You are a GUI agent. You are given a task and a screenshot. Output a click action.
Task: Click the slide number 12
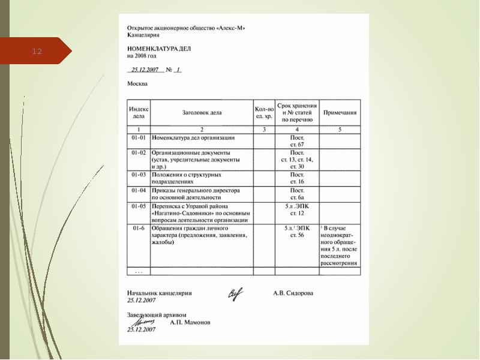point(37,52)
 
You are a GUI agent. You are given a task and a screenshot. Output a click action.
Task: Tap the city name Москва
point(137,84)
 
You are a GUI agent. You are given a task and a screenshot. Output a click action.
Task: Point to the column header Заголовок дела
point(202,112)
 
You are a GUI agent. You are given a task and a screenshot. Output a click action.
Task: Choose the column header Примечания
point(340,112)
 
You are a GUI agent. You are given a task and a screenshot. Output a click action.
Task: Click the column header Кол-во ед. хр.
point(264,112)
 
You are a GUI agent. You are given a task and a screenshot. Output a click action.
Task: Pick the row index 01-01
point(139,138)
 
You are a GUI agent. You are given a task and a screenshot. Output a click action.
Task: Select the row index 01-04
point(139,190)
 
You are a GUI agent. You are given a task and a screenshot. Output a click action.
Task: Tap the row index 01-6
point(139,229)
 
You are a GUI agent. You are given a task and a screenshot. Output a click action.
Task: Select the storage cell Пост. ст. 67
point(297,141)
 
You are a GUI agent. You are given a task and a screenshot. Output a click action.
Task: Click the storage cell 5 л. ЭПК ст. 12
point(297,209)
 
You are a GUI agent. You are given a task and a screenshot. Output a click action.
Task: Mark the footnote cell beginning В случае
point(340,246)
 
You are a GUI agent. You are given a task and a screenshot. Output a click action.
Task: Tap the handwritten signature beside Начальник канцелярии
point(236,293)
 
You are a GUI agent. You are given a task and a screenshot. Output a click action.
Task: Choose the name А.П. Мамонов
point(190,322)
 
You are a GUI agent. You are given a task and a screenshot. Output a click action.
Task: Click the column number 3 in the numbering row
point(264,129)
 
